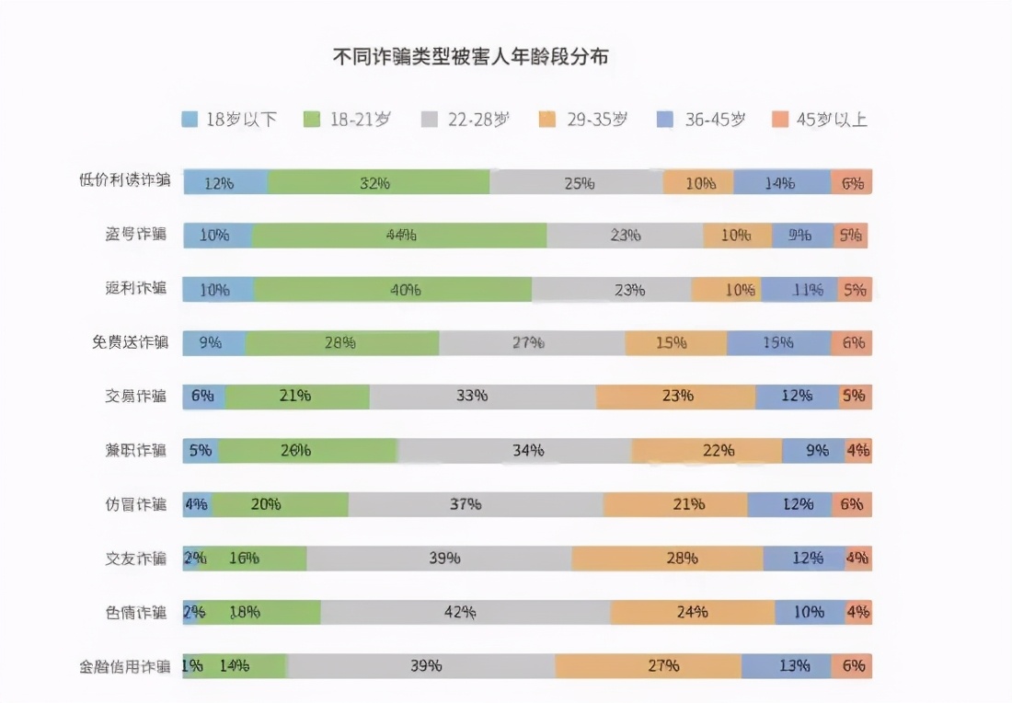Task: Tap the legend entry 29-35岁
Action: coord(583,119)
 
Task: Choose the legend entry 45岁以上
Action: coord(820,119)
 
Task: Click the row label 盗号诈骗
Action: coord(135,235)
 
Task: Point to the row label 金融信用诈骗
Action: coord(124,666)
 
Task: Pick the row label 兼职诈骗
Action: coord(135,451)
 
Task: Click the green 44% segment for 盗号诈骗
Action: coord(400,236)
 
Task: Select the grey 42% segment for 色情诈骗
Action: coord(465,613)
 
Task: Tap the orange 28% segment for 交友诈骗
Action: coord(667,559)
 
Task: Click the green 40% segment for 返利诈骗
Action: coord(393,290)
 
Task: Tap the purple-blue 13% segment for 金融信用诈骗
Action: coord(786,666)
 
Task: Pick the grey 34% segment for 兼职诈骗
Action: coord(514,451)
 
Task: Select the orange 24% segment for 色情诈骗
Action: coord(692,613)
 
